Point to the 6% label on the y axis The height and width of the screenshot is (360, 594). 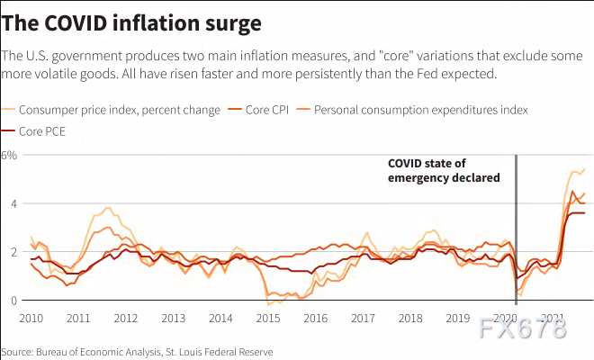(9, 155)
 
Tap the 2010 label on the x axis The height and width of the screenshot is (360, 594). (31, 319)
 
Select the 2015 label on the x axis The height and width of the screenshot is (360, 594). (268, 319)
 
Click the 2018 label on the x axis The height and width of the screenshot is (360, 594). (410, 319)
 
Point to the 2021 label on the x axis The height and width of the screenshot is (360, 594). (553, 319)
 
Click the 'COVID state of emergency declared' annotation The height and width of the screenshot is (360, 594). (443, 170)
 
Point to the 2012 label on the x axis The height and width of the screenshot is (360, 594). (126, 319)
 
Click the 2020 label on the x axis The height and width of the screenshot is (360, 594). (506, 319)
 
